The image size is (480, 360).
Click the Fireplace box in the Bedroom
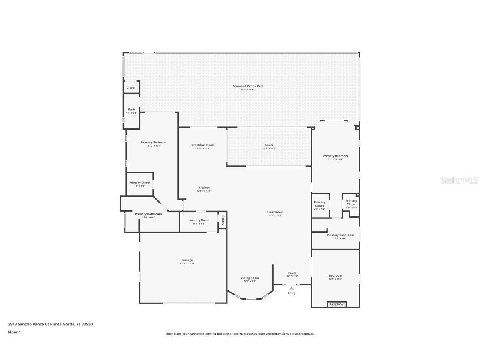(x=337, y=304)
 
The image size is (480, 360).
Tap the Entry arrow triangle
(x=292, y=288)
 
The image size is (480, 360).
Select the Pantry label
(x=223, y=219)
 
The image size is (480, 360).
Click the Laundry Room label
(x=199, y=220)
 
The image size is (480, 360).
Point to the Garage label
(x=187, y=260)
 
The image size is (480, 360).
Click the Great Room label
(x=275, y=212)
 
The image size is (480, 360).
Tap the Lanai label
(x=269, y=145)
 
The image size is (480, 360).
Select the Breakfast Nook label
(x=202, y=145)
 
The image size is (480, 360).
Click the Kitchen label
(x=204, y=187)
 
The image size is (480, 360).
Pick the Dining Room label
(x=250, y=278)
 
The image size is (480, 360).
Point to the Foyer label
(x=292, y=273)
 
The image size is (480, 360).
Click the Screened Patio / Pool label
(x=248, y=86)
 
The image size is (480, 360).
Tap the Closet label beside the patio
(x=131, y=88)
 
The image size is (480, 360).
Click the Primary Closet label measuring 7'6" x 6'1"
(x=140, y=183)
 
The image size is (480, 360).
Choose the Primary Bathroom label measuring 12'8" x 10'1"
(x=340, y=235)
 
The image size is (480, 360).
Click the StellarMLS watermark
(x=459, y=180)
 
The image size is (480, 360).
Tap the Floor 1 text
(x=15, y=332)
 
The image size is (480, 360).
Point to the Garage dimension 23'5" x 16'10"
(x=187, y=263)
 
